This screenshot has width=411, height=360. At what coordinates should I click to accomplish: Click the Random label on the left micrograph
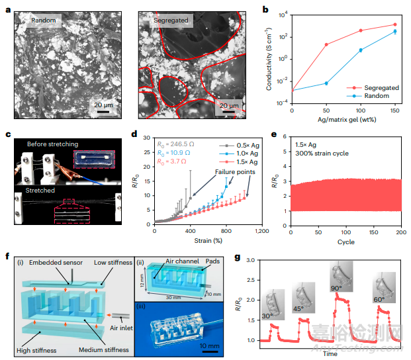pos(46,21)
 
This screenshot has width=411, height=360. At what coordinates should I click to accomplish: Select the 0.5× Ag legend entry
pos(240,141)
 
